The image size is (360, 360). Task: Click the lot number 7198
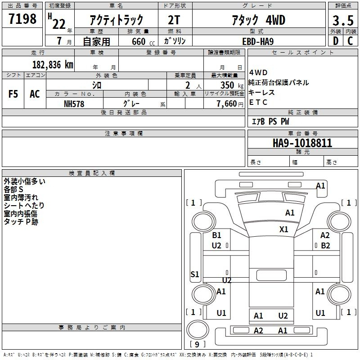coord(22,19)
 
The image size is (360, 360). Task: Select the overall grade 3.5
coord(343,20)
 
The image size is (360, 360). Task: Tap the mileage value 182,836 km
coord(53,65)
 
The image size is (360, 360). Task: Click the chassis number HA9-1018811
coord(302,143)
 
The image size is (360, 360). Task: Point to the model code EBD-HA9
coord(258,41)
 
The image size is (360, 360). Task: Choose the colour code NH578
coord(74,104)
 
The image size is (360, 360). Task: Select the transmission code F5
coord(13,94)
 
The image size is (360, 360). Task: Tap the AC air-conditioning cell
coord(35,94)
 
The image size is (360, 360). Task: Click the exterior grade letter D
coord(336,41)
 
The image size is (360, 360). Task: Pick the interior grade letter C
coord(350,41)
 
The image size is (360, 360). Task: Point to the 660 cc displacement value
coord(143,42)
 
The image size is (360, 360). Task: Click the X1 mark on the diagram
coord(283,229)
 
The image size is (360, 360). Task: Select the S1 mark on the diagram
coord(195,274)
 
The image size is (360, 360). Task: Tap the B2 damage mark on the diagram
coord(325,246)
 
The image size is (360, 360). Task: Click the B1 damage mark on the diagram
coord(216,235)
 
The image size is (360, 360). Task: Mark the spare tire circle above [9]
coord(198,329)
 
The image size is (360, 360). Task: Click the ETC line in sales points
coord(258,102)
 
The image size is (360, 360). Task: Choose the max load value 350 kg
coord(232,85)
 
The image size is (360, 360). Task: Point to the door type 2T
coord(174,20)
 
